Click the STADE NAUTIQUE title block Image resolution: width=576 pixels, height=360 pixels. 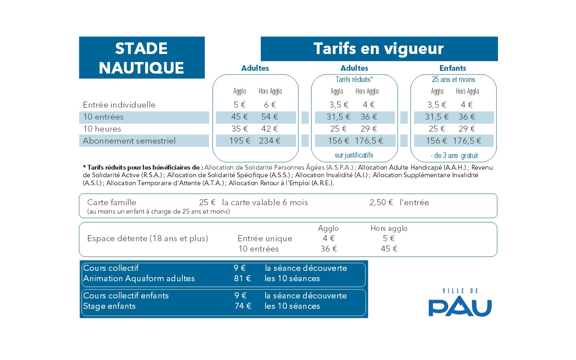(142, 58)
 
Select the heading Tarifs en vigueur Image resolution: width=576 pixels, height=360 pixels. (378, 49)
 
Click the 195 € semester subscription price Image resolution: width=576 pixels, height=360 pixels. (240, 141)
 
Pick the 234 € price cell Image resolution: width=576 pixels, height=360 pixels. (270, 141)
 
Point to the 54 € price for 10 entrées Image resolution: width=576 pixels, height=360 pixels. (269, 117)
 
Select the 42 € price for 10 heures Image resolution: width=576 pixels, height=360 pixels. (269, 129)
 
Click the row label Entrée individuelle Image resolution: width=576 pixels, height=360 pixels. (119, 105)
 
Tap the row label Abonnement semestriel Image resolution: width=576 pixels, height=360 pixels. (129, 141)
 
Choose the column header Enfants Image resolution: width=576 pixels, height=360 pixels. (453, 68)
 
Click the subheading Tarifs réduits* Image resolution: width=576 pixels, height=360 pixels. (354, 80)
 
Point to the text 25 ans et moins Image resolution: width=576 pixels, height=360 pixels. (453, 80)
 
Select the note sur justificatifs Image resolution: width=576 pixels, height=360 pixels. (354, 155)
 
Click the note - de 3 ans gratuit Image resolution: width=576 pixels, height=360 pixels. (454, 156)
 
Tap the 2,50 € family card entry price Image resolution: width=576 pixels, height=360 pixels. (381, 202)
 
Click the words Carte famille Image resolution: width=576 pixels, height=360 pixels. (112, 202)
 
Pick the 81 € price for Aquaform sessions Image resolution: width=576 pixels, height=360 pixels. (242, 278)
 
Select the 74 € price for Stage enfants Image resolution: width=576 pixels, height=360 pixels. (243, 306)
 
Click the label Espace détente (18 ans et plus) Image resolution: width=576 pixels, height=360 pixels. (148, 238)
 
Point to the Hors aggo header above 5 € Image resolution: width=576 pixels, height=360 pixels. (389, 228)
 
